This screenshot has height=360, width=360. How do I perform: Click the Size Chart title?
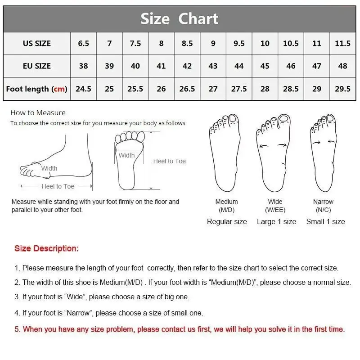coord(179,19)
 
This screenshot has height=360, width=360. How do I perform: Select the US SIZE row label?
coord(37,44)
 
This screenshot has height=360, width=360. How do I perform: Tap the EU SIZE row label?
coord(37,66)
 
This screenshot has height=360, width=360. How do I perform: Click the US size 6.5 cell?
coord(83,44)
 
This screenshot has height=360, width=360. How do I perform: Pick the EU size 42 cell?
coord(187,66)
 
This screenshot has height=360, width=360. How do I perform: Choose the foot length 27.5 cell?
coord(239,89)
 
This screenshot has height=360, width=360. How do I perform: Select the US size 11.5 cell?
coord(342,44)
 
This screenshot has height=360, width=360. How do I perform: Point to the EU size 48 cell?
coord(342,66)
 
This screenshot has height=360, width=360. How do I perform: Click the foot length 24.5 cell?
coord(83,89)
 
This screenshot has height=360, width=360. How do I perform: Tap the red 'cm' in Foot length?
coord(59,89)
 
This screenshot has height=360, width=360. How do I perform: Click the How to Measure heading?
coord(38,113)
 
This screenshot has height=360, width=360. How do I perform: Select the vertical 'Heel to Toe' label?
coord(169,161)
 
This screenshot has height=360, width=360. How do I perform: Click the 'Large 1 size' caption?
coord(276,221)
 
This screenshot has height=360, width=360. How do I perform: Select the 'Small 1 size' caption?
coord(325,221)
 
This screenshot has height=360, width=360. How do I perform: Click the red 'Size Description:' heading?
coord(46,248)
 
